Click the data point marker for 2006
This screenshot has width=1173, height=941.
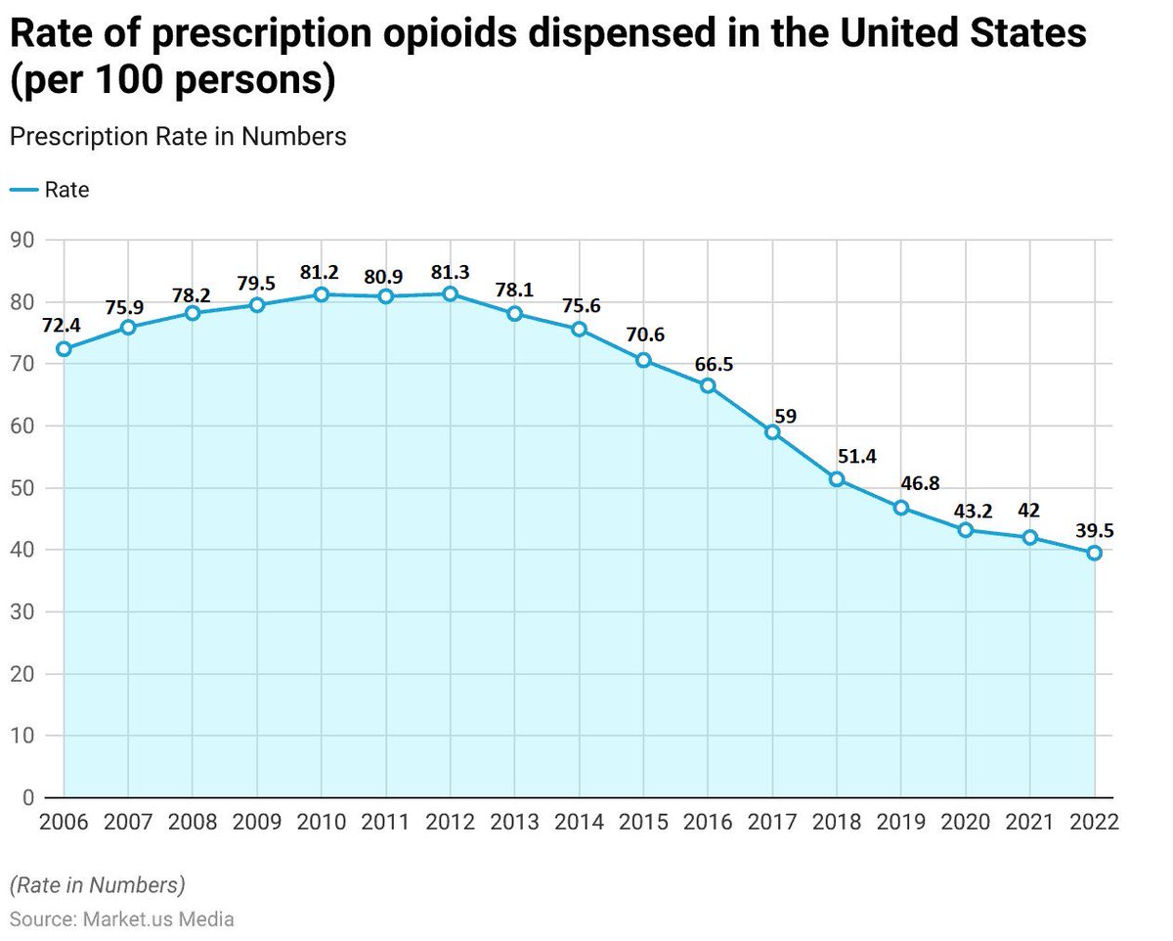point(64,349)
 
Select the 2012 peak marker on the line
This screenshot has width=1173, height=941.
point(450,293)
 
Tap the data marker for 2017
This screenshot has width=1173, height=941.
point(772,432)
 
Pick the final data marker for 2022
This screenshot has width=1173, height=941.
point(1094,553)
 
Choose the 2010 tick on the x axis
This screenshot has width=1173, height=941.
point(321,822)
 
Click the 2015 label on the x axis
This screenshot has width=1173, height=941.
point(643,822)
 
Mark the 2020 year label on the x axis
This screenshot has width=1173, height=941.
point(965,822)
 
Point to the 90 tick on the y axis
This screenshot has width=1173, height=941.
point(22,240)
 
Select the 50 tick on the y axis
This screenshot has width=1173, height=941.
point(22,488)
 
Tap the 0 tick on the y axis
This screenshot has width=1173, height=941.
point(27,798)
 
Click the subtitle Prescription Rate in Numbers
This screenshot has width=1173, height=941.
point(178,136)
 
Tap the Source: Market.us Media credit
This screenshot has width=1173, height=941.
point(122,919)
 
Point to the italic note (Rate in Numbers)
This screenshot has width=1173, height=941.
point(97,885)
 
